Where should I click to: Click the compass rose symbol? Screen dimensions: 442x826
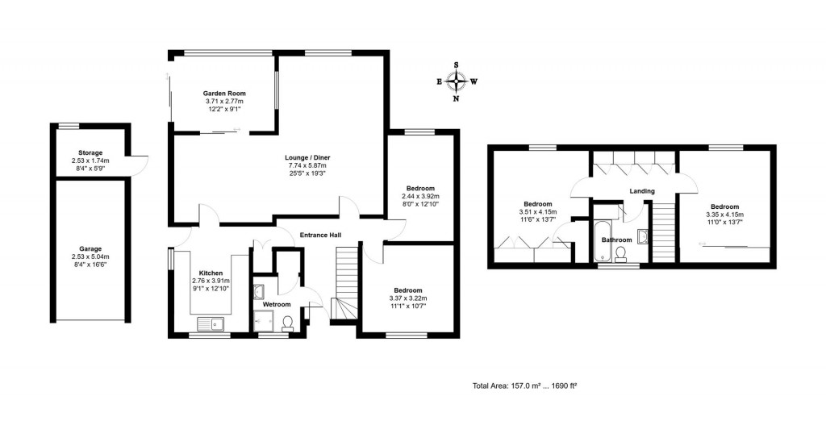(457, 81)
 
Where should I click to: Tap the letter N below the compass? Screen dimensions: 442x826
(457, 98)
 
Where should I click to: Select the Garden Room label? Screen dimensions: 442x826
(223, 94)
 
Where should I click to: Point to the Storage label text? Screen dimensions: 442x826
(90, 152)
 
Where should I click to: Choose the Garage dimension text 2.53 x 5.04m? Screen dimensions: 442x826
(90, 256)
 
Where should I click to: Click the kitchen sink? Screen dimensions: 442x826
(211, 325)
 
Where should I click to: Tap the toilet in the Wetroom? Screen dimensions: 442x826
(288, 323)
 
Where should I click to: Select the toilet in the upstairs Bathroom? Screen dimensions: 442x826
(620, 253)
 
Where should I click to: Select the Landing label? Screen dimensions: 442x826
(642, 191)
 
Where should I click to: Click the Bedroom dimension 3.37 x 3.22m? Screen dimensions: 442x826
(408, 298)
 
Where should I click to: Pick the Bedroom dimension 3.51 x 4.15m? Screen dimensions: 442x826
(537, 212)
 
